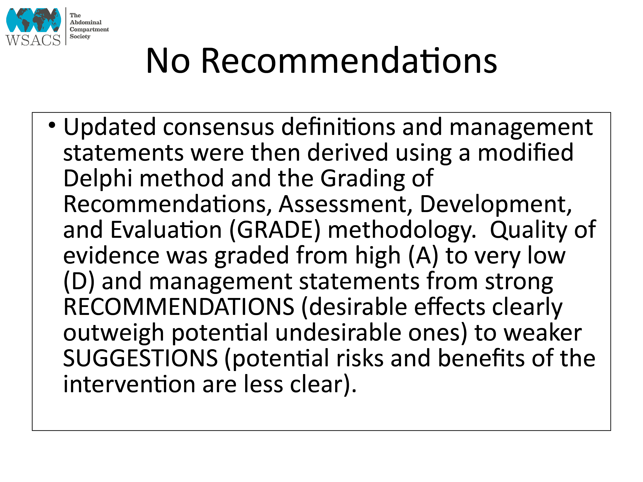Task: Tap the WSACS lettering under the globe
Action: (33, 40)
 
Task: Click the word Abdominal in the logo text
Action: (85, 22)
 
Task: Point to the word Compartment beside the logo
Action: (89, 29)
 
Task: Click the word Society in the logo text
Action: (80, 36)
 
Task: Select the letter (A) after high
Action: (423, 256)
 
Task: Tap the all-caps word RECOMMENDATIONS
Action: (179, 307)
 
